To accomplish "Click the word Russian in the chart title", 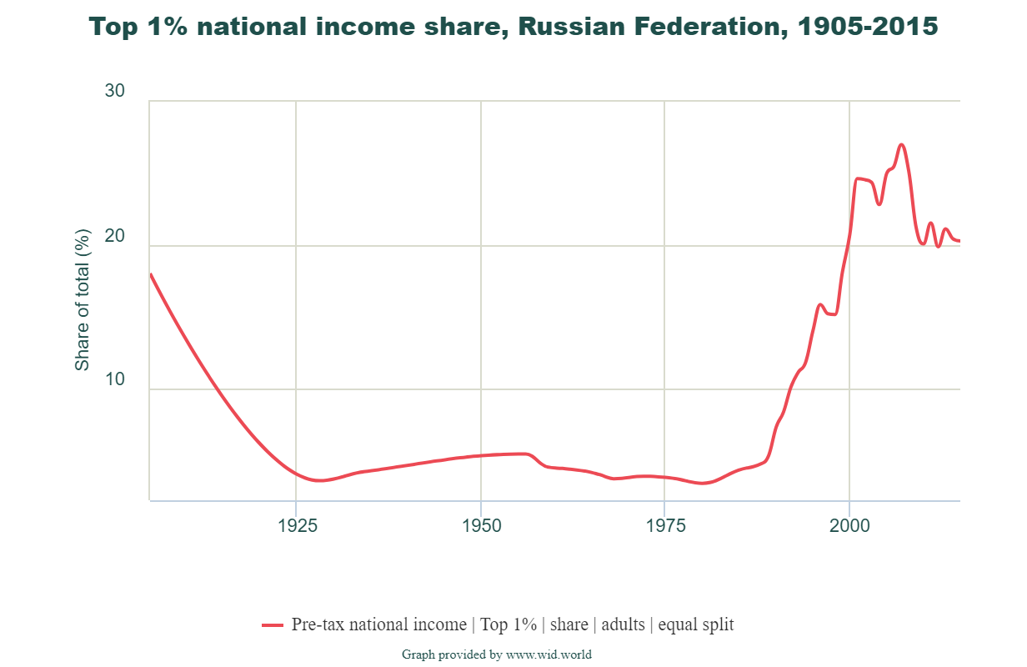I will coord(564,27).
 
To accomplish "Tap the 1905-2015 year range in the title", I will coord(867,27).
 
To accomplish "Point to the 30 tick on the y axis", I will coord(115,91).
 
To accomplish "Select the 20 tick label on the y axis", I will coord(115,236).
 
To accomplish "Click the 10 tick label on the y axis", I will coord(115,379).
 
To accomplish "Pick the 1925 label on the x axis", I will coord(296,526).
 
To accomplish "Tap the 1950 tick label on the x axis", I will coord(480,526).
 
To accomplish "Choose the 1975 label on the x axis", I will coord(664,526).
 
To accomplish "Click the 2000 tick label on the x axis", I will coord(849,526).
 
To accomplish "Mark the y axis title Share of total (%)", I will coord(82,300).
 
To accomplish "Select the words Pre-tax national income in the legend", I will coord(379,624).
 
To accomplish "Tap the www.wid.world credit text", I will coord(549,654).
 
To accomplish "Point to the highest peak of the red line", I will coord(901,145).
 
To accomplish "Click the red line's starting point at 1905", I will coord(151,274).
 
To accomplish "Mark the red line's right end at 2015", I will coord(959,241).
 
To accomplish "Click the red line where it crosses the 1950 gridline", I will coord(481,455).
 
